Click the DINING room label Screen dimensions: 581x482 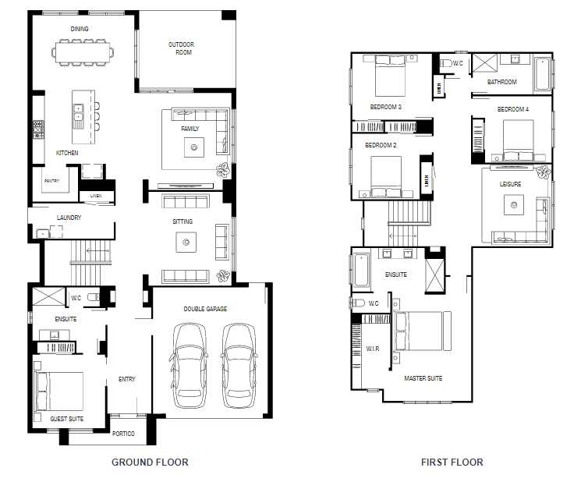click(80, 29)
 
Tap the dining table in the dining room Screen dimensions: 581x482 click(83, 52)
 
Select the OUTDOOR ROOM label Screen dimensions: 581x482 click(181, 48)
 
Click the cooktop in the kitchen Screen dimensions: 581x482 click(38, 129)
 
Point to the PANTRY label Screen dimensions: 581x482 click(52, 181)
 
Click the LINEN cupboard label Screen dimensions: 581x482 click(96, 196)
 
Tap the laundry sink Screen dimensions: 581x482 click(43, 234)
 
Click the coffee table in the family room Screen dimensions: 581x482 click(193, 147)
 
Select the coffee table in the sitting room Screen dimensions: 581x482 click(186, 243)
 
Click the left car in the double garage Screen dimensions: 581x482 click(189, 365)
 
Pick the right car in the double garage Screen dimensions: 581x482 click(239, 365)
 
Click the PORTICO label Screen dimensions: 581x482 click(123, 434)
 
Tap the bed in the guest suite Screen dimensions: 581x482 click(59, 392)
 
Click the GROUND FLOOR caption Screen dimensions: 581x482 click(150, 462)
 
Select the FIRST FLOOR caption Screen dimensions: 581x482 click(452, 462)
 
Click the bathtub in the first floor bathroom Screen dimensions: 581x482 click(542, 74)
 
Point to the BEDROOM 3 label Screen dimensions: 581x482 click(386, 107)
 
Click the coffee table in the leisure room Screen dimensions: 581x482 click(514, 205)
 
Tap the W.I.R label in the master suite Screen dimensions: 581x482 click(373, 349)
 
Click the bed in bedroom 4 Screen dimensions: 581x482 click(519, 140)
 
